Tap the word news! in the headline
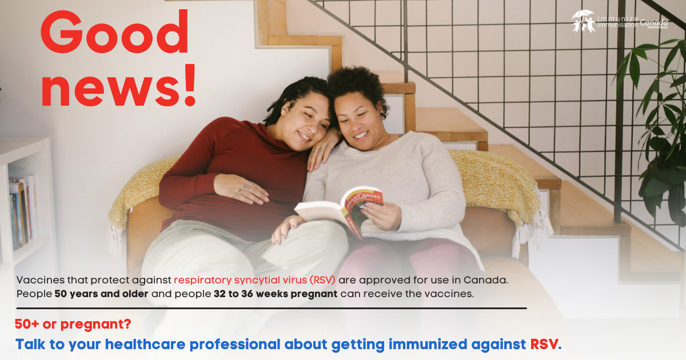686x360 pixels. pos(119,86)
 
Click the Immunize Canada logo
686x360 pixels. pos(620,22)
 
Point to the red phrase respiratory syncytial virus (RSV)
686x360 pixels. pos(254,281)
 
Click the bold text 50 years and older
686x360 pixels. pos(101,294)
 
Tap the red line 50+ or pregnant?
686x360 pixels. pos(73,325)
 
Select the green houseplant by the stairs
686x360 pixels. pos(657,126)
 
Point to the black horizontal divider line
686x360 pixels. pos(272,309)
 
